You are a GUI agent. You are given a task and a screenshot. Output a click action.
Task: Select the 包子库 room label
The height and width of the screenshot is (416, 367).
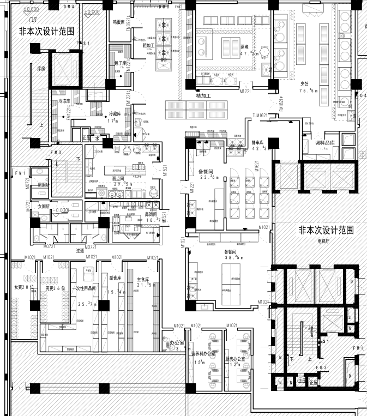pyautogui.click(x=120, y=63)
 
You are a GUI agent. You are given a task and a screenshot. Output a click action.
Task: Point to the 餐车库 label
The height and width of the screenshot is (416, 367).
pyautogui.click(x=257, y=143)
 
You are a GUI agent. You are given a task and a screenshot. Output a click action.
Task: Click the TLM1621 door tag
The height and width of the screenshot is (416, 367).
pyautogui.click(x=261, y=116)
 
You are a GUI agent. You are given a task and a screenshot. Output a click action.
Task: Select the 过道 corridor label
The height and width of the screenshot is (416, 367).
pyautogui.click(x=81, y=251)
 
